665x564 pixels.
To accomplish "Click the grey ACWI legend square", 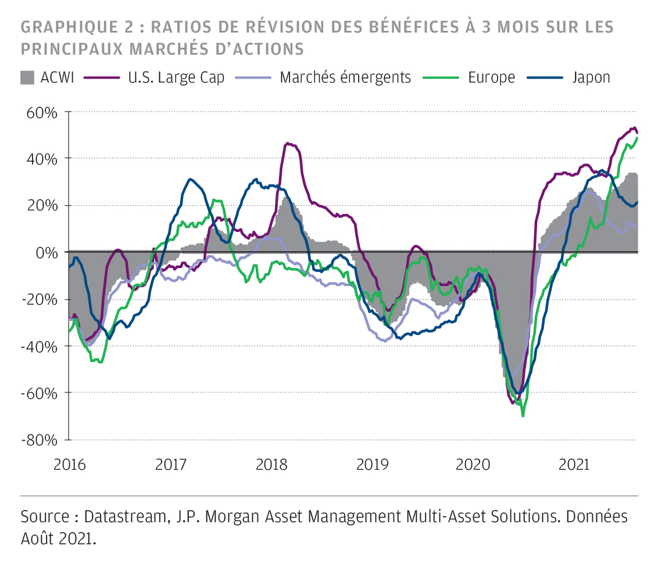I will [27, 77].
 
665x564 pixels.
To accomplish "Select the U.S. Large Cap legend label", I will [176, 77].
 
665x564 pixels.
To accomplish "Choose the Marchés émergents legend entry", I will [345, 77].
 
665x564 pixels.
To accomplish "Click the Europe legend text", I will [491, 77].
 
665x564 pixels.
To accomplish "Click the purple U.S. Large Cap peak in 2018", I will [286, 142].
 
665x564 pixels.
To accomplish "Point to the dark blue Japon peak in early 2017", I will [190, 179].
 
